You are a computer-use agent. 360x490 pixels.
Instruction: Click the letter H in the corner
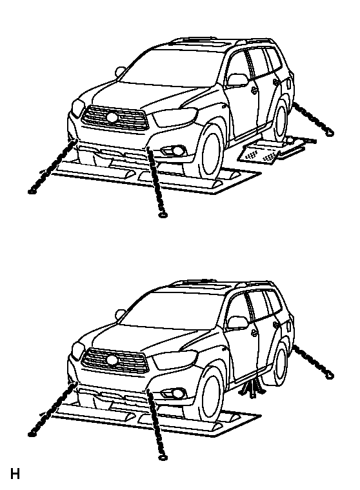click(x=15, y=473)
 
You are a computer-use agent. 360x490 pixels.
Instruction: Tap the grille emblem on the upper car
click(x=112, y=117)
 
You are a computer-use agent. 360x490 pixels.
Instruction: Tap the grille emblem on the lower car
click(x=112, y=360)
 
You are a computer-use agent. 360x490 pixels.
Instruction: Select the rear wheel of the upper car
click(x=281, y=120)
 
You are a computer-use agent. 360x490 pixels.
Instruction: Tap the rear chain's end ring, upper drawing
click(x=330, y=133)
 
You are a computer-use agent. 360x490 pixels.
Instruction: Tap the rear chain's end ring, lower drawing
click(x=330, y=376)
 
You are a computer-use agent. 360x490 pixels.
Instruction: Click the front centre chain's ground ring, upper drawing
click(x=163, y=215)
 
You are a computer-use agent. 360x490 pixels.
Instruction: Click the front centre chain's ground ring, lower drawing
click(x=163, y=458)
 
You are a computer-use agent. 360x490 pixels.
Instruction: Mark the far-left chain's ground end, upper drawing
click(x=31, y=191)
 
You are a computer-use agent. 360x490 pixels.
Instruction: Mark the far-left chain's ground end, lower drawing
click(x=31, y=434)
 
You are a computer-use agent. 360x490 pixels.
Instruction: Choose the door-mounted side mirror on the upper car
click(x=237, y=79)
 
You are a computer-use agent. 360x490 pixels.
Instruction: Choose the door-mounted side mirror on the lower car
click(x=237, y=322)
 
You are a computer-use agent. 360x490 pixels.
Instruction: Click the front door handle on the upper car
click(x=254, y=90)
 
